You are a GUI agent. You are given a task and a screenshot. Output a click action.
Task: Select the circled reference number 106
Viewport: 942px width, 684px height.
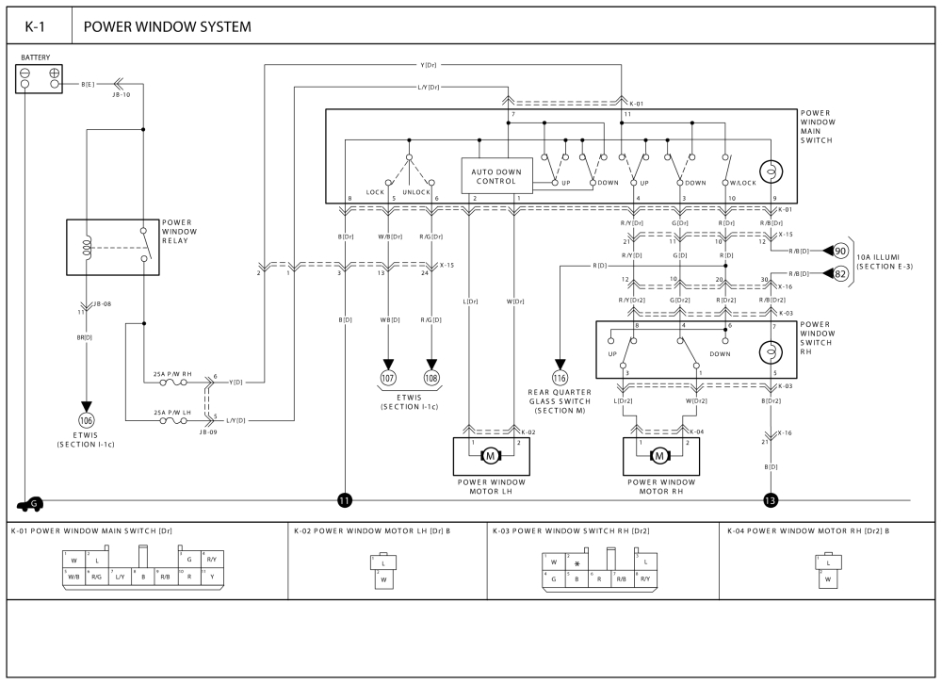[87, 420]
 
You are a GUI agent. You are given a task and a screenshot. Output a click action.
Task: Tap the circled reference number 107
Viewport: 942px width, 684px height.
[388, 377]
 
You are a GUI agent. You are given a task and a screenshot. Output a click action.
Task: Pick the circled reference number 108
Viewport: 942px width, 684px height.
[432, 377]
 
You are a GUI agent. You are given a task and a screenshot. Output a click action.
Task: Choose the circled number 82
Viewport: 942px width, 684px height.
[840, 273]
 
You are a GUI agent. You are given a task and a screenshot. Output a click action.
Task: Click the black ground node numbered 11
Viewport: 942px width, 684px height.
[345, 500]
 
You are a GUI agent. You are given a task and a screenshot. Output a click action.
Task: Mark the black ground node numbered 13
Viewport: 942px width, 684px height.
[771, 500]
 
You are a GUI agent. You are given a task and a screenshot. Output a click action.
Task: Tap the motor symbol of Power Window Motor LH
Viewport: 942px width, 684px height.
[490, 457]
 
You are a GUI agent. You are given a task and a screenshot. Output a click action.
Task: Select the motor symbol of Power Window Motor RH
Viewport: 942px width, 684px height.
[659, 457]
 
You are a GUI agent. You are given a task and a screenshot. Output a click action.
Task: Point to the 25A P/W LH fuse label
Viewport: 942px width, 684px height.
[172, 412]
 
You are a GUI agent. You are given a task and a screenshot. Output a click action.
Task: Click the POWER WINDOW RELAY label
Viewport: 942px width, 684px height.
[180, 231]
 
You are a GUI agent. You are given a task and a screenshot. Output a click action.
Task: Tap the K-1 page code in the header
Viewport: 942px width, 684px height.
[38, 26]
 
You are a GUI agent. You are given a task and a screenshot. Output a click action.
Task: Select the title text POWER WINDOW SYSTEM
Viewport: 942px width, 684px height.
[168, 26]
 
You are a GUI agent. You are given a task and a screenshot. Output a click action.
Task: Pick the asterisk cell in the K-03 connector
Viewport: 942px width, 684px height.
[577, 563]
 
